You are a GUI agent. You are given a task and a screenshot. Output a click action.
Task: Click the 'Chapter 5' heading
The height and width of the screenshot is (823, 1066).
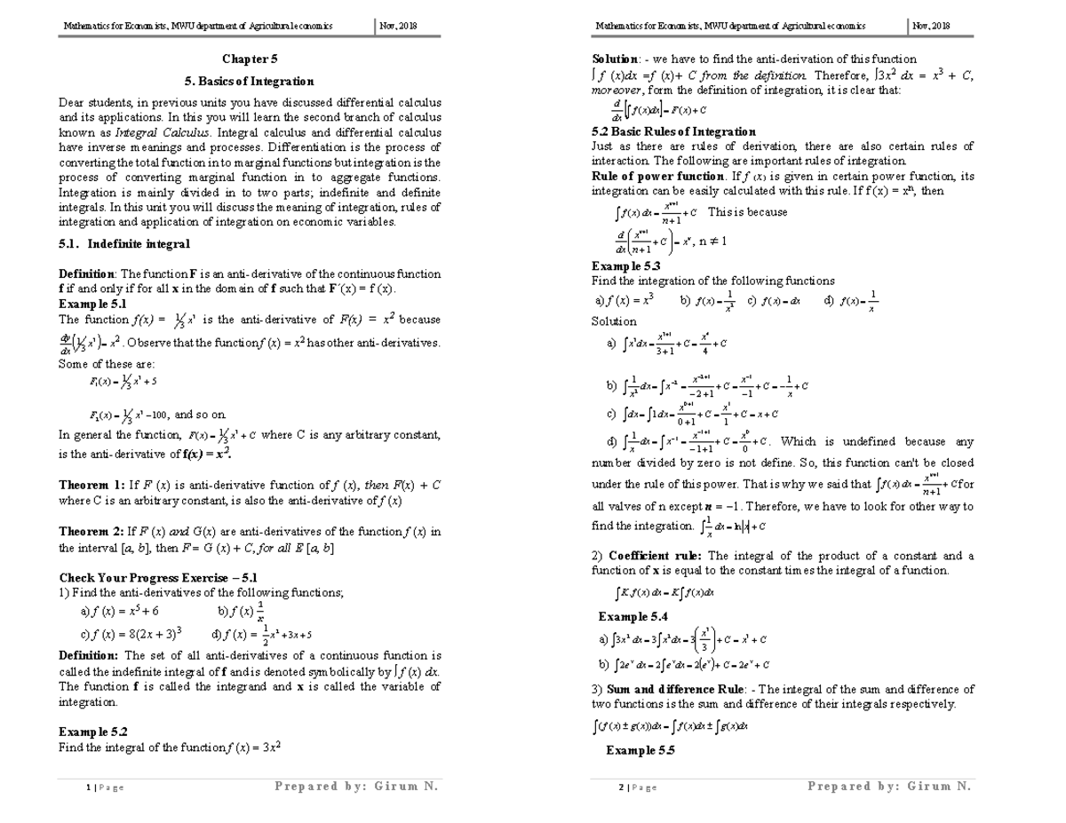click(250, 59)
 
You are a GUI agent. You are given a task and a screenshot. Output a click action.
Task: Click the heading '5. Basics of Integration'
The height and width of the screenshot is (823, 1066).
click(249, 81)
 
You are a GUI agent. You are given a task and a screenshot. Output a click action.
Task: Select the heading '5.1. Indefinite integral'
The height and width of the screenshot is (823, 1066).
click(123, 243)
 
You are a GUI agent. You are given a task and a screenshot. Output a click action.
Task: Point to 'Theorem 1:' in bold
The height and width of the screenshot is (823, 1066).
click(91, 486)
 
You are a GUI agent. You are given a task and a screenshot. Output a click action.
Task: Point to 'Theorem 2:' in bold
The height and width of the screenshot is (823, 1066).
click(91, 532)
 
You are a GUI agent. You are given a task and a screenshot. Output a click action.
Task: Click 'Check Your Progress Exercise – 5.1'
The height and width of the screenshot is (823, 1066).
click(157, 578)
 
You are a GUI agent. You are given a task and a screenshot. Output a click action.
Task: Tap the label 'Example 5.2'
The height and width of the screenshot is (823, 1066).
click(92, 732)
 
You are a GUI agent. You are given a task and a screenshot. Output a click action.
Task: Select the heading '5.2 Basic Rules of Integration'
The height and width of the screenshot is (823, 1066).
click(673, 131)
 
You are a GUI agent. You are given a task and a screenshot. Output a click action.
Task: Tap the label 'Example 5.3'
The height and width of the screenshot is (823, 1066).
click(625, 265)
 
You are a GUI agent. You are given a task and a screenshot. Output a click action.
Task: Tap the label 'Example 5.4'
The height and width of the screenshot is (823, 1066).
click(632, 616)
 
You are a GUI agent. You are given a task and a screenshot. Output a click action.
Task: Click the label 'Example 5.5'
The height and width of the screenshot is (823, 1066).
click(640, 750)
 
